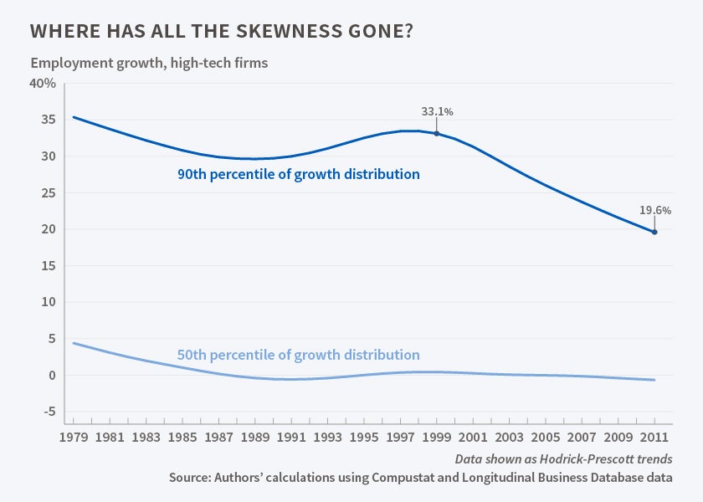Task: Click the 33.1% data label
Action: coord(437,111)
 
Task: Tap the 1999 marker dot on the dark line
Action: coord(437,133)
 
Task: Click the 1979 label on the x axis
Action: coord(73,436)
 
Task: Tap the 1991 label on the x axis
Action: coord(291,436)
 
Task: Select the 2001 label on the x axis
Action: coord(473,436)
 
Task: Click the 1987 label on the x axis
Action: coord(218,436)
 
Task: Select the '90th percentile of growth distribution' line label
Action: coord(298,175)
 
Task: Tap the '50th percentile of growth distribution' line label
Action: coord(298,355)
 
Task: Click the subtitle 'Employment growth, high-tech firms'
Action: coord(149,63)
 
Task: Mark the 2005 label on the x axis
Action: coord(546,436)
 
